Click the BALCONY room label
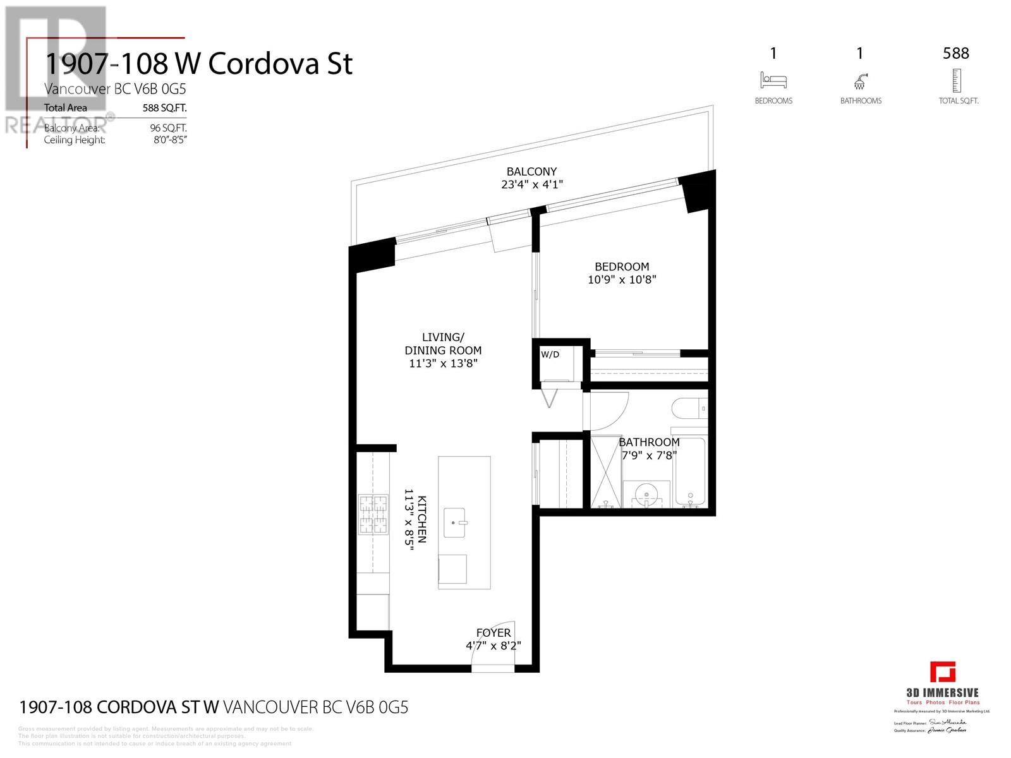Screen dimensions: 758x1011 (x=531, y=172)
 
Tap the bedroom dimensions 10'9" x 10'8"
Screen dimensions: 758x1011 (x=622, y=280)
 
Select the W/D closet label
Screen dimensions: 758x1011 (x=550, y=354)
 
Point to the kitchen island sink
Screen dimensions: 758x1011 (x=455, y=522)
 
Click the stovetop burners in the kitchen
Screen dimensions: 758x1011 (x=373, y=514)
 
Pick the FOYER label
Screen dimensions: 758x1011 (x=493, y=633)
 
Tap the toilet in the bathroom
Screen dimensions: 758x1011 (x=689, y=409)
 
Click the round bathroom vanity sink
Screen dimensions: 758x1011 (x=646, y=493)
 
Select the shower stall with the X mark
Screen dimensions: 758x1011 (x=606, y=471)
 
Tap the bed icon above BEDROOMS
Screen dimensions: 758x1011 (x=773, y=80)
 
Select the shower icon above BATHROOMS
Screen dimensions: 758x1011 (x=860, y=81)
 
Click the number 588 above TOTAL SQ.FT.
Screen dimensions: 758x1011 (x=955, y=54)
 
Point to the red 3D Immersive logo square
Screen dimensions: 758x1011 (x=942, y=672)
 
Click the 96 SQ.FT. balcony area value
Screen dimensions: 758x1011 (x=168, y=128)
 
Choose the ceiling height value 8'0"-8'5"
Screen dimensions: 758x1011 (x=170, y=140)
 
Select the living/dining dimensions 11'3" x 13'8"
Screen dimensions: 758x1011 (x=442, y=364)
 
